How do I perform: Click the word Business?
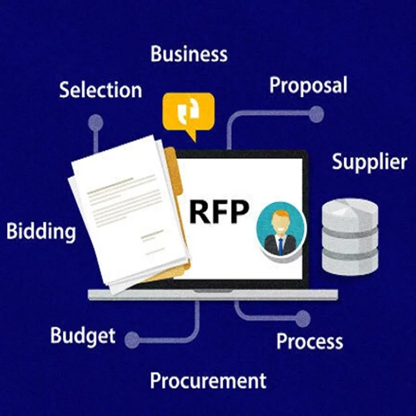click(x=189, y=54)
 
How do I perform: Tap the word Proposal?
click(x=308, y=85)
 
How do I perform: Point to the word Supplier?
click(x=369, y=162)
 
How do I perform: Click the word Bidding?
click(x=41, y=231)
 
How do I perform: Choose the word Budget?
click(x=83, y=335)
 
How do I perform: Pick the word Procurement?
click(x=208, y=381)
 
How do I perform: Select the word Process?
click(x=309, y=341)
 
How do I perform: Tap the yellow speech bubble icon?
click(x=188, y=112)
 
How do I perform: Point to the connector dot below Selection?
click(x=96, y=123)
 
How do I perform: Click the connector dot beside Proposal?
click(x=316, y=114)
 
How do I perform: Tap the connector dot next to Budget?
click(x=132, y=340)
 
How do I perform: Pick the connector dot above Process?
click(x=303, y=318)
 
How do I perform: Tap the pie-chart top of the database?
click(x=349, y=207)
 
